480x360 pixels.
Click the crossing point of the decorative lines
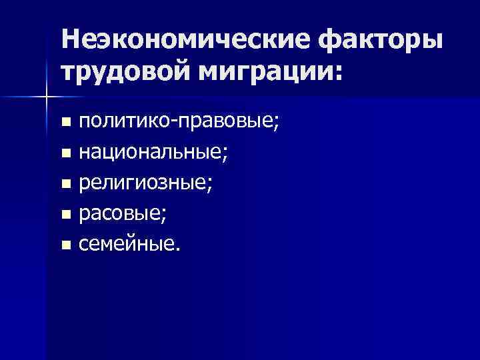click(x=46, y=97)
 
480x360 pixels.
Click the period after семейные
click(x=177, y=251)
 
